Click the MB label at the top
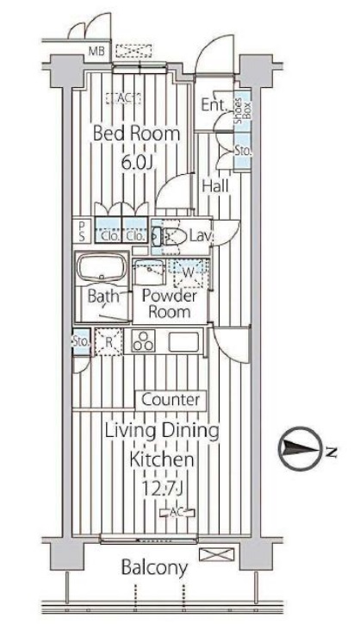pyautogui.click(x=96, y=52)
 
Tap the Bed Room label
pyautogui.click(x=136, y=134)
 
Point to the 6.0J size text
pyautogui.click(x=137, y=162)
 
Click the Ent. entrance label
pyautogui.click(x=214, y=104)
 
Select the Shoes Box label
pyautogui.click(x=243, y=109)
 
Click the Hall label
pyautogui.click(x=215, y=185)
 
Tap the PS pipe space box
pyautogui.click(x=82, y=231)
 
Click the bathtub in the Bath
pyautogui.click(x=102, y=267)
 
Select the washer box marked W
pyautogui.click(x=189, y=272)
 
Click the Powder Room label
pyautogui.click(x=169, y=303)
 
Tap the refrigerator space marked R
pyautogui.click(x=109, y=341)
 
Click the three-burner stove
pyautogui.click(x=143, y=341)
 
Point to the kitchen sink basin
pyautogui.click(x=183, y=342)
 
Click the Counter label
pyautogui.click(x=171, y=400)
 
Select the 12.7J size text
pyautogui.click(x=162, y=487)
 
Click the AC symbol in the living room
pyautogui.click(x=177, y=514)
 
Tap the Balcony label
pyautogui.click(x=154, y=568)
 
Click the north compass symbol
pyautogui.click(x=299, y=449)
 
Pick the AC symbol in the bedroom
pyautogui.click(x=124, y=98)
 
